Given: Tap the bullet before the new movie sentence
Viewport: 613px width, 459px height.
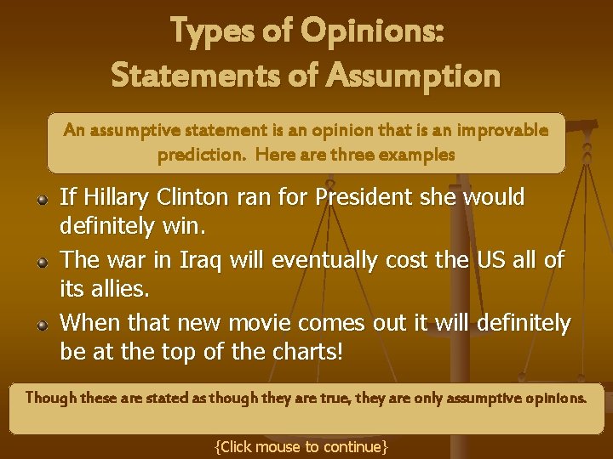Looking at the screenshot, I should (42, 325).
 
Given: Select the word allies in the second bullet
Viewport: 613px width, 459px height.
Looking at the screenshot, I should (119, 290).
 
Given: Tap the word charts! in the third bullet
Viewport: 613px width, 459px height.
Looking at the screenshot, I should (307, 352).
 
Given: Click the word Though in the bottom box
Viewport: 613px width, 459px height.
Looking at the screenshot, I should (50, 397).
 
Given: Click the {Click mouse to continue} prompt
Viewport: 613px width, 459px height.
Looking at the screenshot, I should (301, 446).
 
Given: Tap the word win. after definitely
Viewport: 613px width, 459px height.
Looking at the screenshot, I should (188, 228).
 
